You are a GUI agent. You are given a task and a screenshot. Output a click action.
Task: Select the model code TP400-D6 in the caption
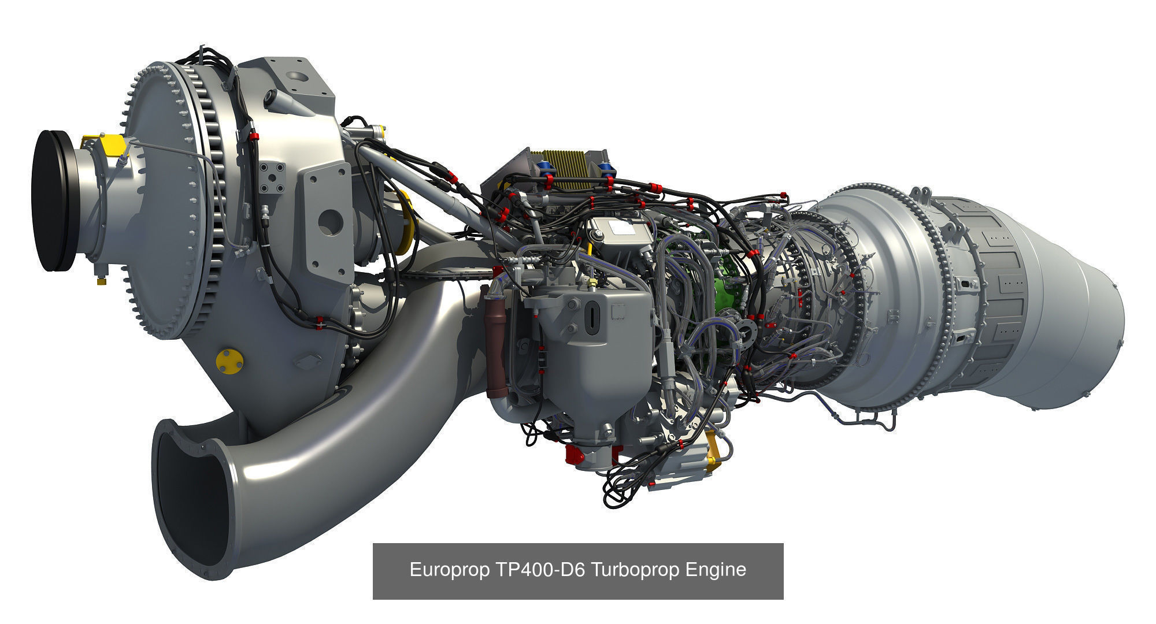(x=540, y=570)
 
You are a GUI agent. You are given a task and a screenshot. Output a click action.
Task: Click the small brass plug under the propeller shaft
(x=102, y=281)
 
